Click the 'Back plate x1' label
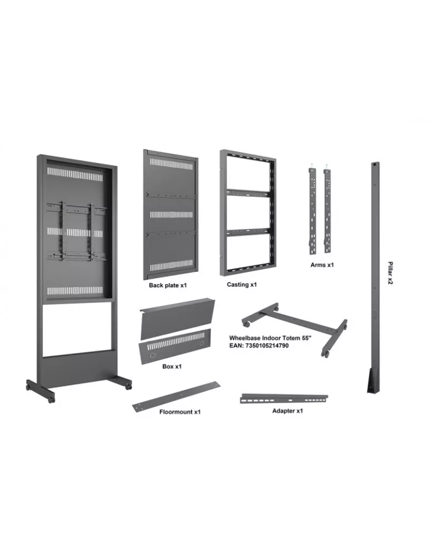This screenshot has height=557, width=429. click(x=167, y=285)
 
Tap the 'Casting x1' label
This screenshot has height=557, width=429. click(x=241, y=285)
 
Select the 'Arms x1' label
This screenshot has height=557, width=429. click(x=322, y=265)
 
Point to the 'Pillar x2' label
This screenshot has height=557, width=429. click(x=390, y=273)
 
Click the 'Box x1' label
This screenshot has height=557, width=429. click(x=172, y=367)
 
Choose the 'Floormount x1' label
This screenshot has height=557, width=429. click(x=180, y=412)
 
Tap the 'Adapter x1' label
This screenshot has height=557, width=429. click(x=288, y=411)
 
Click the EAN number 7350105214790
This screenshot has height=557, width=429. click(x=267, y=345)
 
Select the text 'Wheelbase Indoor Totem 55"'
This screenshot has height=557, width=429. click(x=270, y=338)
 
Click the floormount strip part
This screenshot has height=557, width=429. click(x=176, y=397)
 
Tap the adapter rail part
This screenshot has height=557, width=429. click(x=284, y=399)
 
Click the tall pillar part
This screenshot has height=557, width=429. click(x=374, y=277)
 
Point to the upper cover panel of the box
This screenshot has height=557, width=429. click(x=177, y=317)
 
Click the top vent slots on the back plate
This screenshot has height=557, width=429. click(x=171, y=163)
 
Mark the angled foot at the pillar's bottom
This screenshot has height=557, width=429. click(x=373, y=380)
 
